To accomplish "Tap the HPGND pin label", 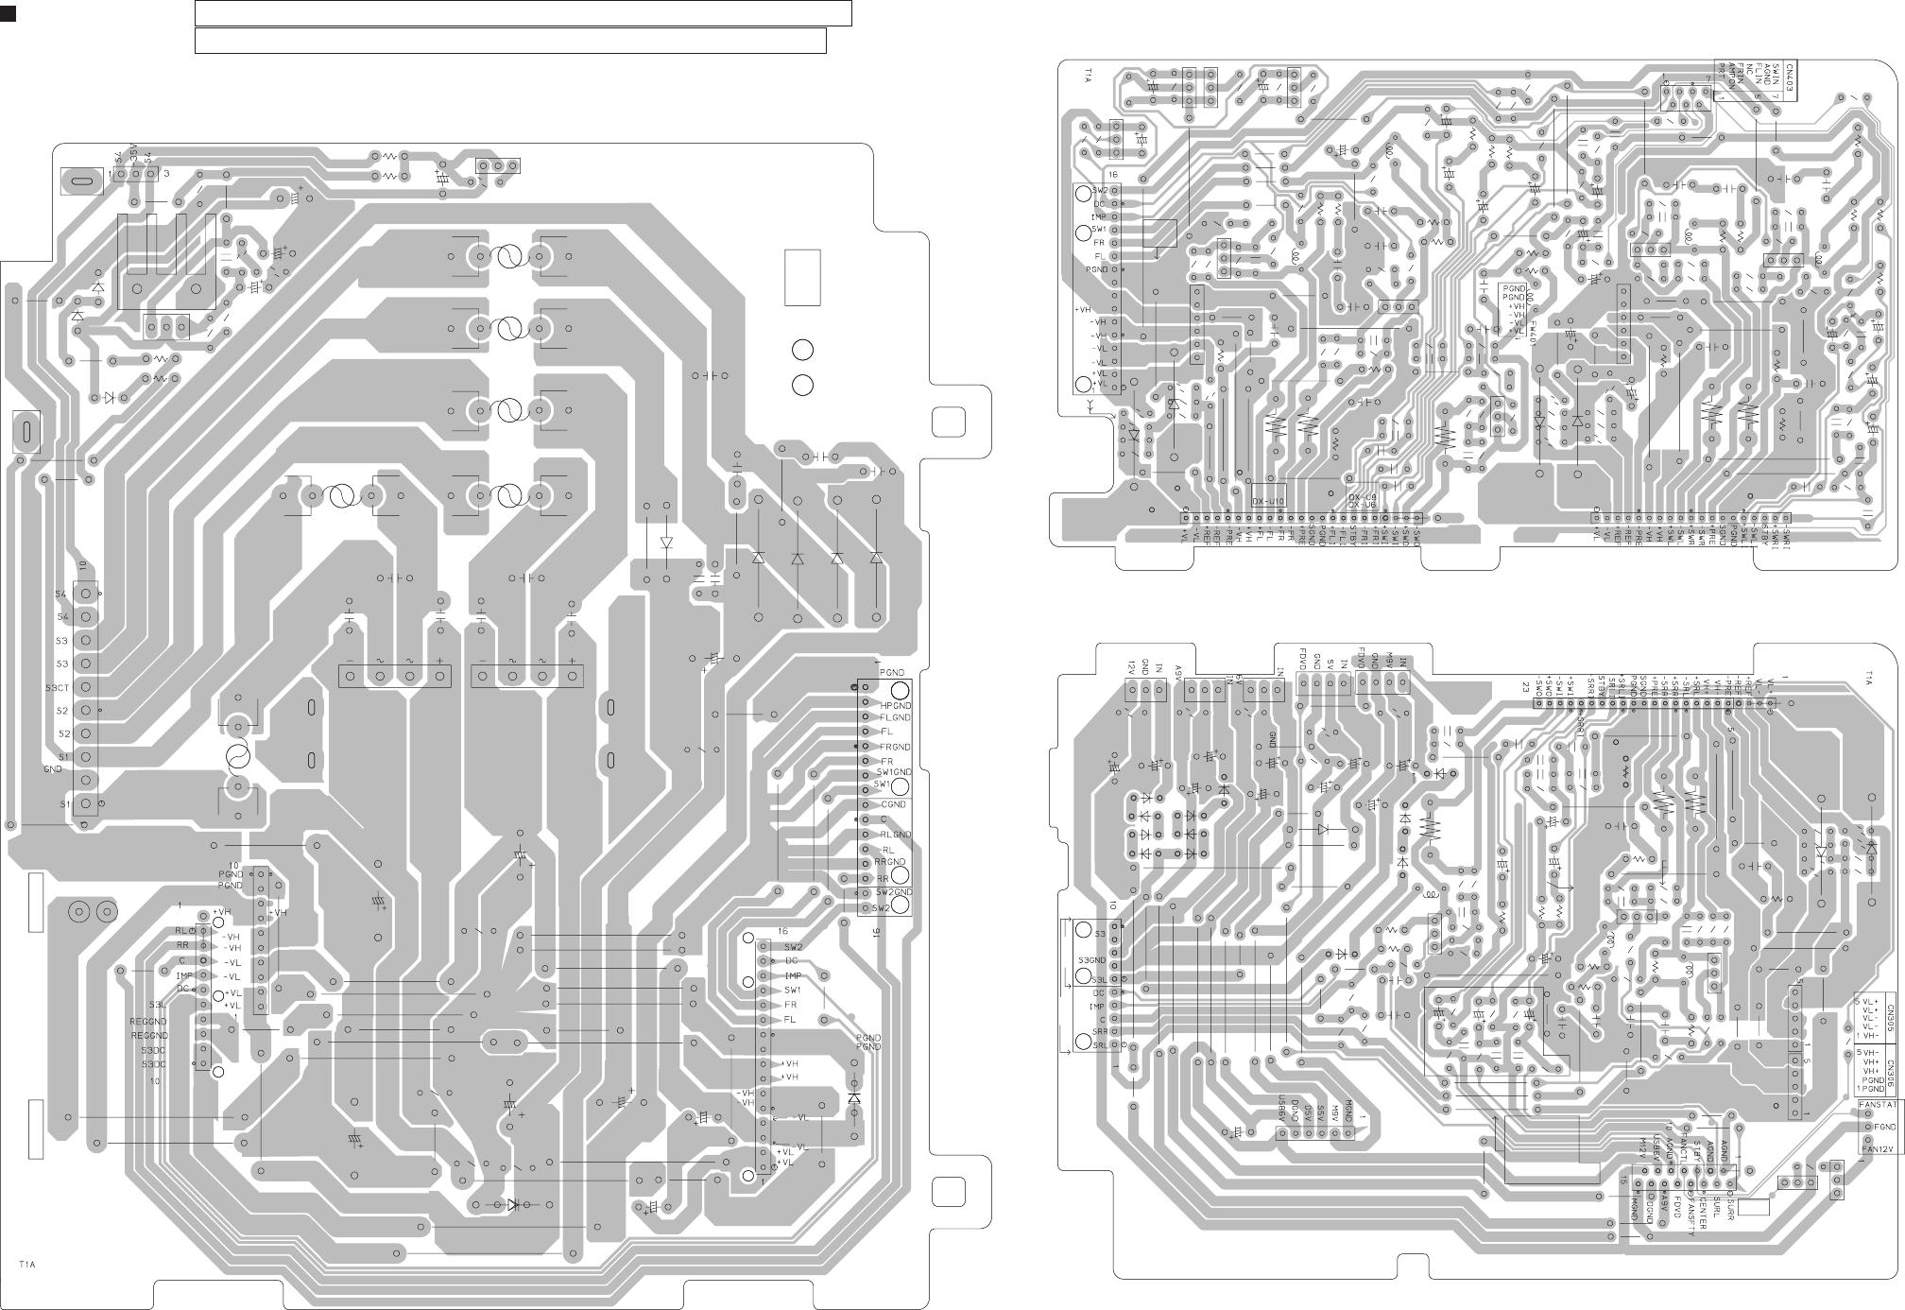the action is pos(896,705).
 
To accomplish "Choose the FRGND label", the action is pos(895,747).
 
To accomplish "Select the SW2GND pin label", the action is pos(893,892).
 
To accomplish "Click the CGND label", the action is pos(893,804).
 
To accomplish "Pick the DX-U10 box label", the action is pos(1269,501).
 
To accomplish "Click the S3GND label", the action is pos(1091,960).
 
